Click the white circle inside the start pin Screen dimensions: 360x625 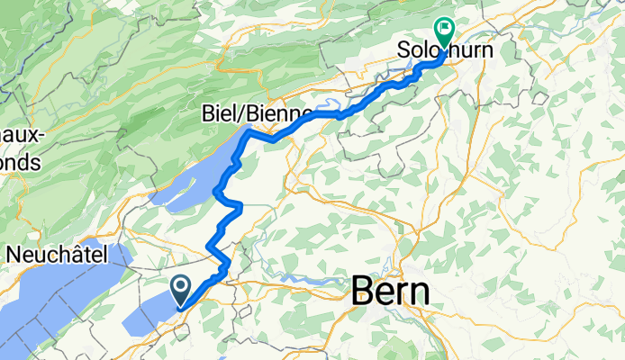click(181, 287)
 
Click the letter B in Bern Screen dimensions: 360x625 click(361, 292)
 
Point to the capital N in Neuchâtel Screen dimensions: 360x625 click(14, 255)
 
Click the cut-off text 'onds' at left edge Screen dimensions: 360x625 click(20, 162)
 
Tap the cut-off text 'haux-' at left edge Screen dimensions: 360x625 click(20, 135)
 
